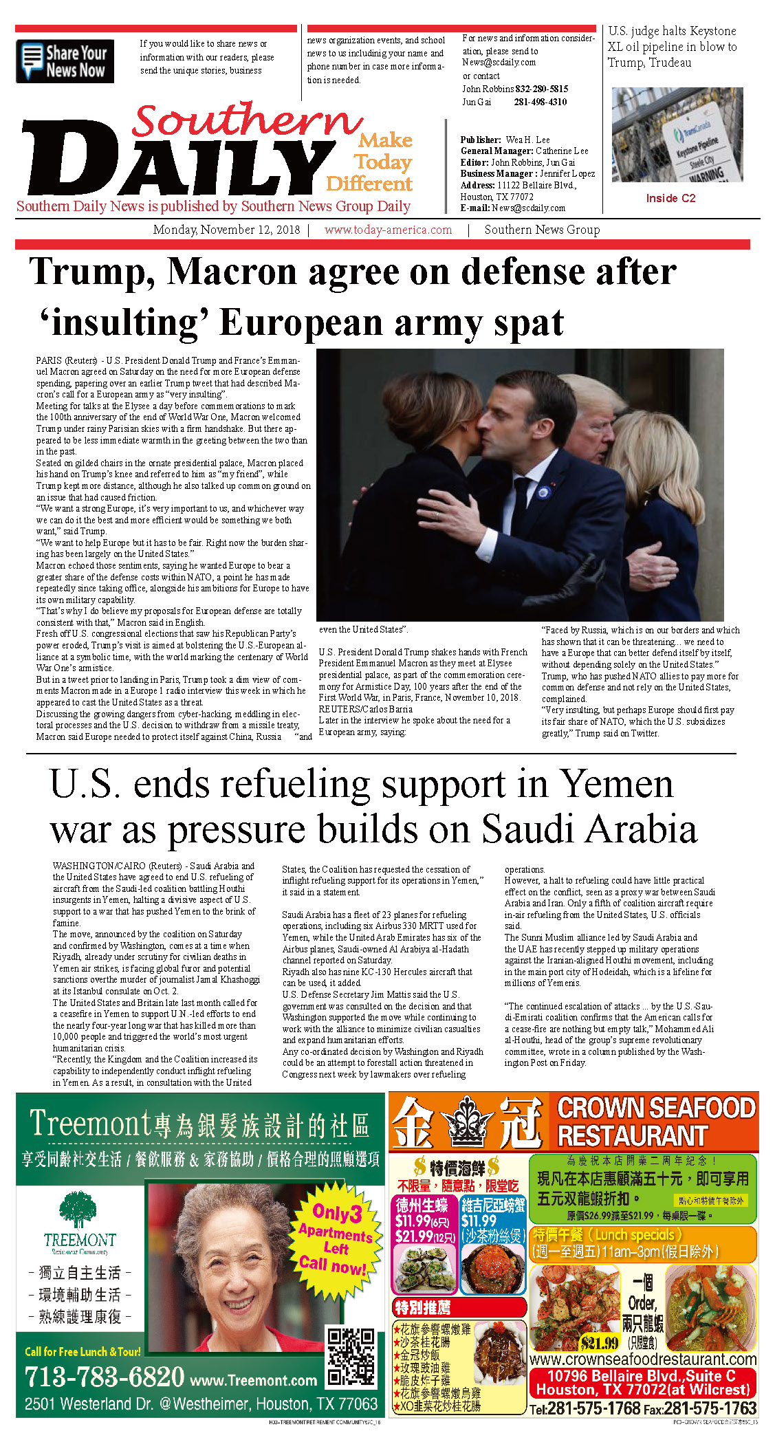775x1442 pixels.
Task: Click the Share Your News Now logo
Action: (x=65, y=61)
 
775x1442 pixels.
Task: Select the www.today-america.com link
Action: (x=388, y=230)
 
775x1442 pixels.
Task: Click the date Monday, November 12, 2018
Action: (x=226, y=230)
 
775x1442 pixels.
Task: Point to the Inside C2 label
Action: (x=670, y=198)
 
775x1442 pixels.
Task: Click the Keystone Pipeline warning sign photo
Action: (x=677, y=135)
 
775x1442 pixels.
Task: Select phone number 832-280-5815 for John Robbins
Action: (x=541, y=89)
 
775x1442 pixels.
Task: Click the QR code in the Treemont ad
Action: (x=351, y=1357)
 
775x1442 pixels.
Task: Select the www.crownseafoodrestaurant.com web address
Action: (x=643, y=1359)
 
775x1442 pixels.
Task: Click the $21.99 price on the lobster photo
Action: (x=599, y=1342)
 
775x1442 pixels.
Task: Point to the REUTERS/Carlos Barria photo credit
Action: (x=366, y=709)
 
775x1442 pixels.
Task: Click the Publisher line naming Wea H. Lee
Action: (x=505, y=140)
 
